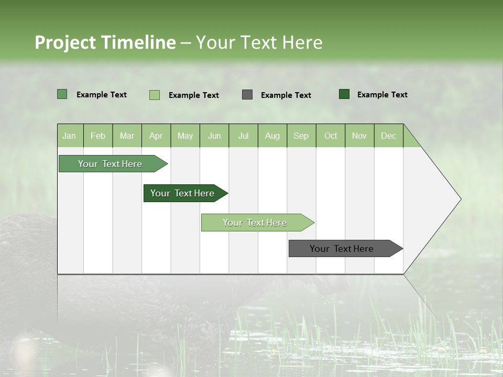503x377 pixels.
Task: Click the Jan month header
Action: [69, 136]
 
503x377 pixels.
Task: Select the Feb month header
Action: [98, 136]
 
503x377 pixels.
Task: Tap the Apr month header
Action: [156, 136]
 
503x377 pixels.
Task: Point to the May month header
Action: [185, 136]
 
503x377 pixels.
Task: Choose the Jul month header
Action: [243, 136]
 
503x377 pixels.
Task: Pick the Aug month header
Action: [272, 136]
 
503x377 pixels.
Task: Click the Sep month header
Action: [301, 136]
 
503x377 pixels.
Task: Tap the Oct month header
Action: [331, 136]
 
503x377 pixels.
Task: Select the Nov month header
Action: [359, 136]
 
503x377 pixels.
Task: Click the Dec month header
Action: [389, 136]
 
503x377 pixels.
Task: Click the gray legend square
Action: [247, 95]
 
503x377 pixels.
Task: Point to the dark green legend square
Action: [344, 94]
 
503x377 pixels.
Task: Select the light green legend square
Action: [155, 95]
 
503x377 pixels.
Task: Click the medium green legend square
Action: [62, 94]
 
